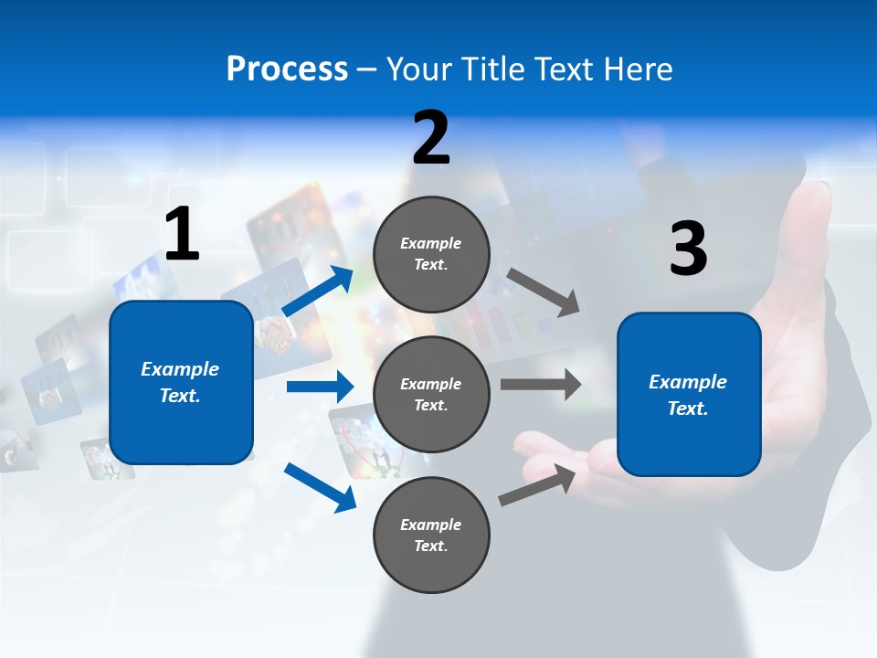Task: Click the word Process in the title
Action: (x=287, y=69)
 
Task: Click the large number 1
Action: (x=182, y=235)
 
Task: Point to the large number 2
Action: (x=431, y=138)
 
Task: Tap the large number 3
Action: (x=688, y=249)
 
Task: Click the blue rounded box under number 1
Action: (x=181, y=382)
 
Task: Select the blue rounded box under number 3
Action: (x=689, y=394)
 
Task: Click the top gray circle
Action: (x=431, y=254)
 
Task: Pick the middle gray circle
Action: (x=431, y=394)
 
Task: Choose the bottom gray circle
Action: (x=431, y=535)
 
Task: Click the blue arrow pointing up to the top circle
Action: (x=318, y=292)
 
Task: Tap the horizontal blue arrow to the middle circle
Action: (x=320, y=387)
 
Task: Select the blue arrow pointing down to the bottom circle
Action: (x=320, y=487)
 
